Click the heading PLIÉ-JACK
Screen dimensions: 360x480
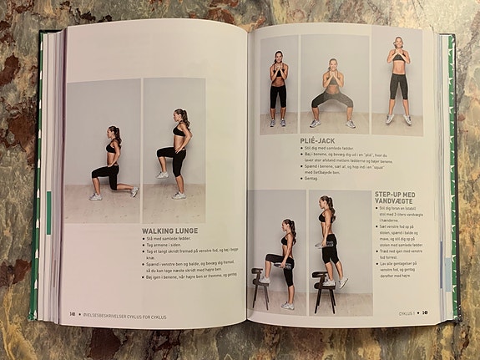pyautogui.click(x=318, y=141)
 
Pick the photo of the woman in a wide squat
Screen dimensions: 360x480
pyautogui.click(x=333, y=85)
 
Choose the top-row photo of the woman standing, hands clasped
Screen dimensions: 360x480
pyautogui.click(x=278, y=85)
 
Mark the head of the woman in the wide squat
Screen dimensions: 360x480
pyautogui.click(x=332, y=64)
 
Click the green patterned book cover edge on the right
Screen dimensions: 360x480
pyautogui.click(x=453, y=167)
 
